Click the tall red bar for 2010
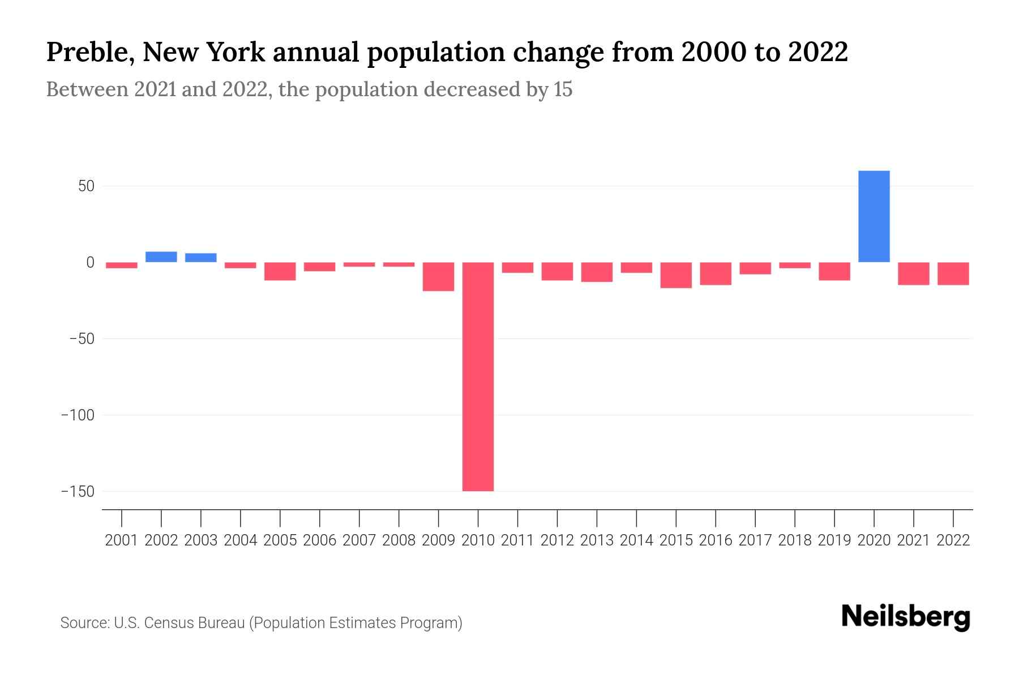click(x=478, y=376)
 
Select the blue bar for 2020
click(x=874, y=216)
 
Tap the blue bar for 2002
click(x=161, y=257)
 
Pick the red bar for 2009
click(x=439, y=277)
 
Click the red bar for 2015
click(x=676, y=275)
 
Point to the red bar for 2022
click(x=953, y=273)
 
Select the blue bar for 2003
click(x=201, y=257)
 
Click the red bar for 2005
click(x=280, y=271)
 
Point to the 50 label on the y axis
click(x=86, y=186)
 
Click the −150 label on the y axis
click(x=78, y=491)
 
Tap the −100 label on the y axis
click(x=78, y=415)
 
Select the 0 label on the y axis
click(x=90, y=263)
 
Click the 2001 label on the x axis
click(x=122, y=540)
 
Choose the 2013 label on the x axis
click(x=597, y=540)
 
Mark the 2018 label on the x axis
click(x=794, y=540)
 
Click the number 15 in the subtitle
click(x=563, y=89)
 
